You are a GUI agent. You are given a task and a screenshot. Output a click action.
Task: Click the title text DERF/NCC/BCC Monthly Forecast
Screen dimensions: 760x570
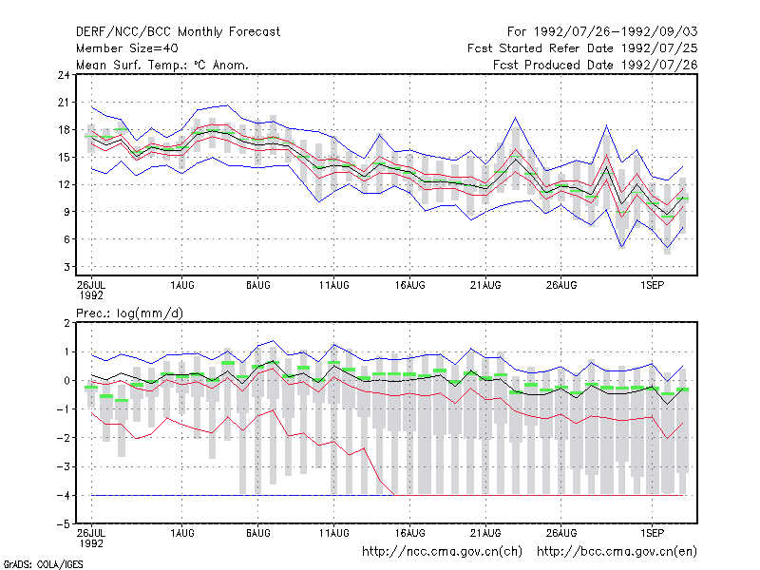178,32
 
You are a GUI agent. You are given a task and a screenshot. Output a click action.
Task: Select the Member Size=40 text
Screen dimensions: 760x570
127,48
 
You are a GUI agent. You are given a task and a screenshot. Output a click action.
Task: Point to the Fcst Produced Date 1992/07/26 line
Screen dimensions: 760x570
596,65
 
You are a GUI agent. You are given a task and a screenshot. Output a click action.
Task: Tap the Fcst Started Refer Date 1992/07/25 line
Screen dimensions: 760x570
582,48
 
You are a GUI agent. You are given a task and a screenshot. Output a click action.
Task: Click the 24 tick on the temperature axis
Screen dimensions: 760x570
64,75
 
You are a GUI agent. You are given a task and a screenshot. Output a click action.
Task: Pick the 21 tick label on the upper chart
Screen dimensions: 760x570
64,103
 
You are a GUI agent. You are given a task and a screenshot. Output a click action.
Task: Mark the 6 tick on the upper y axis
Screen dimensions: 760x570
66,239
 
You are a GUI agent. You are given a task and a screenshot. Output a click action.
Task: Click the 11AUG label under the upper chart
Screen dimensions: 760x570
334,285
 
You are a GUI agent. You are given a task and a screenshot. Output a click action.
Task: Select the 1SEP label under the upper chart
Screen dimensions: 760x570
653,285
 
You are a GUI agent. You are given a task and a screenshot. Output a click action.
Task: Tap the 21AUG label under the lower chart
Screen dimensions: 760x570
485,533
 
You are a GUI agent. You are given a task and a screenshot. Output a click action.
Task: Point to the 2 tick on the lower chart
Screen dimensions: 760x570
66,323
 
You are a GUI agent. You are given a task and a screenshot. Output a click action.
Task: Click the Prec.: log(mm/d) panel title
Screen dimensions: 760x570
130,313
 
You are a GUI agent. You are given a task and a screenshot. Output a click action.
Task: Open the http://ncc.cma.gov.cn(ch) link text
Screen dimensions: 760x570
443,552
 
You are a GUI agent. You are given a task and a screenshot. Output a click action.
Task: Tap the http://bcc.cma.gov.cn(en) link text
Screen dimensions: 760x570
617,552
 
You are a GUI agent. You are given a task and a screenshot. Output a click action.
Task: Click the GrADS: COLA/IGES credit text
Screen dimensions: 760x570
44,564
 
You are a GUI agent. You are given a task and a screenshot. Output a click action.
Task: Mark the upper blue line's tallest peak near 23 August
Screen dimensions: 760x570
515,117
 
